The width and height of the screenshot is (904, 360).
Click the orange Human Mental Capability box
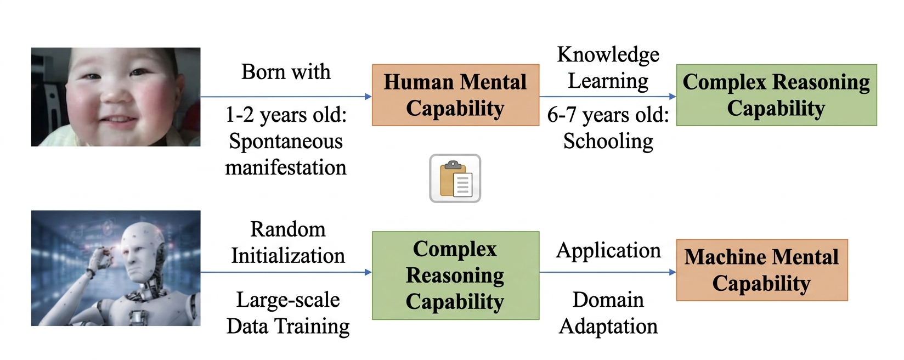(x=455, y=95)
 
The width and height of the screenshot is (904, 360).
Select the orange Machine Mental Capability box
(x=762, y=270)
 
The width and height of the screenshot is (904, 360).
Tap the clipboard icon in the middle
(x=455, y=178)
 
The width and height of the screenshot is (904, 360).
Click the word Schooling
(x=608, y=141)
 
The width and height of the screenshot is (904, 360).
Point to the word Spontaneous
(x=286, y=142)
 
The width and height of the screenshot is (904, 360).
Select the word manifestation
(x=286, y=167)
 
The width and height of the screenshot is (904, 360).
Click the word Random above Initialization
(x=288, y=229)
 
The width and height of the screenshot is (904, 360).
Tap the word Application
(x=608, y=251)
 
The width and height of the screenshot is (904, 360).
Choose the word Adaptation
(x=608, y=327)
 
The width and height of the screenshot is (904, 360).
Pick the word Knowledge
(x=608, y=54)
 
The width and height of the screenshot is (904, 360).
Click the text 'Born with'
(x=286, y=72)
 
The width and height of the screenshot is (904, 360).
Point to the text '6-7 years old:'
(x=608, y=115)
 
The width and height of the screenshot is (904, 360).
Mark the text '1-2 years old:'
(x=286, y=115)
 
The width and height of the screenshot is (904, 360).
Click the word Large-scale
(x=288, y=300)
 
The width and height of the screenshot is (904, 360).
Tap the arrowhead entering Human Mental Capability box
(x=368, y=97)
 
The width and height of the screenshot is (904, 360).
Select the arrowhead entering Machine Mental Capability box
(x=673, y=272)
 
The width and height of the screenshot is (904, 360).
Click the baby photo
(x=116, y=97)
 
